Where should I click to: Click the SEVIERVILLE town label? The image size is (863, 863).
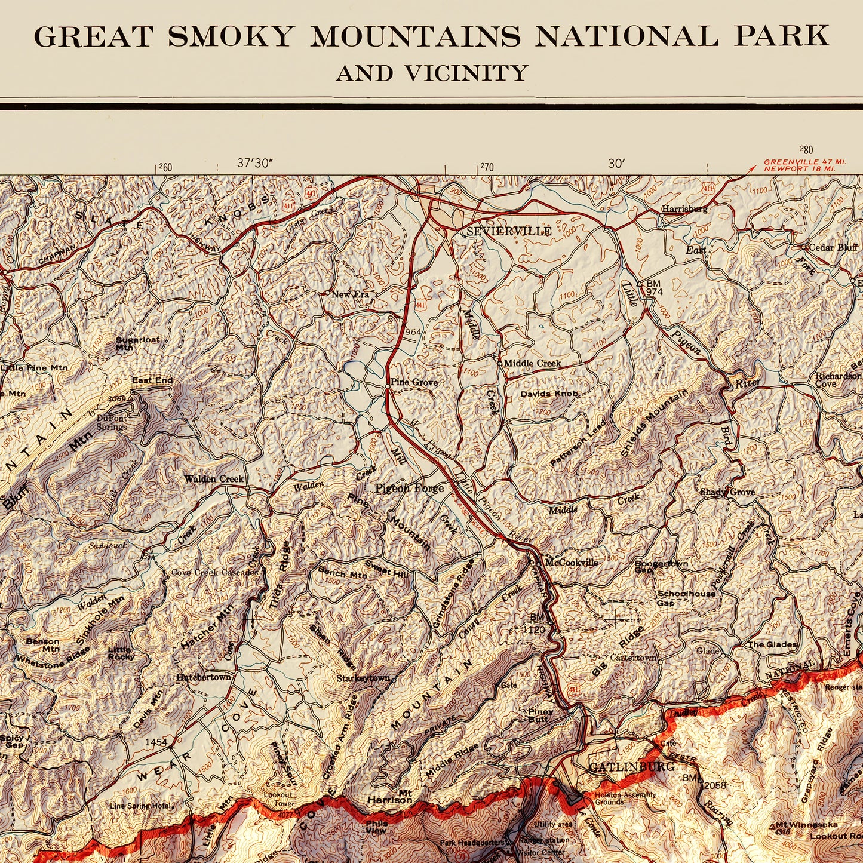coord(509,232)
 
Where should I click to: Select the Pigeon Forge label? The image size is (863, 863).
coord(409,489)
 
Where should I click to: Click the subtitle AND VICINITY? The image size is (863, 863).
coord(432,73)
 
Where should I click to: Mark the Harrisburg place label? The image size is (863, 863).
coord(684,210)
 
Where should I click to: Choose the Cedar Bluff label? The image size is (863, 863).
coord(833,247)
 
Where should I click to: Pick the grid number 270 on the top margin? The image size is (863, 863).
coord(486,168)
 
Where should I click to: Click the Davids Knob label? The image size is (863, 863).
coord(549,394)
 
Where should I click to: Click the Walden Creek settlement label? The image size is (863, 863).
coord(214,479)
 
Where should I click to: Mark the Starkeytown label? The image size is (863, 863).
coord(363,678)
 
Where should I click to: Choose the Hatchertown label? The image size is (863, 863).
coord(203,677)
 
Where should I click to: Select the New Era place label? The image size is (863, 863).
coord(350,294)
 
